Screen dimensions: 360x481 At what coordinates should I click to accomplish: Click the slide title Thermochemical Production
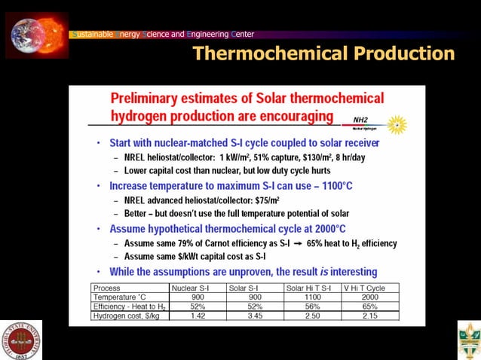click(x=323, y=53)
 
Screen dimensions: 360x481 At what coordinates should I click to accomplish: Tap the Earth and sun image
click(x=37, y=34)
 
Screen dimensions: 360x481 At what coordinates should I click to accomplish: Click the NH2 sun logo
click(x=397, y=124)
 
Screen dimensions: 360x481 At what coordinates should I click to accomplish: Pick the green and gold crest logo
click(x=467, y=340)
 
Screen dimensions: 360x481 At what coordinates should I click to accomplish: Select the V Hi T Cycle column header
click(x=366, y=288)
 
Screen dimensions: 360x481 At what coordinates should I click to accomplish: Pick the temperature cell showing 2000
click(x=366, y=298)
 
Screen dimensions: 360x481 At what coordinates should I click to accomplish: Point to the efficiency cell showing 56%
click(x=310, y=307)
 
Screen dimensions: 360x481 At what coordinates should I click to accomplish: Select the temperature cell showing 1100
click(x=310, y=298)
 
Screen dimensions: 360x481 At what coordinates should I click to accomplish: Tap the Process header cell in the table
click(x=106, y=288)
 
